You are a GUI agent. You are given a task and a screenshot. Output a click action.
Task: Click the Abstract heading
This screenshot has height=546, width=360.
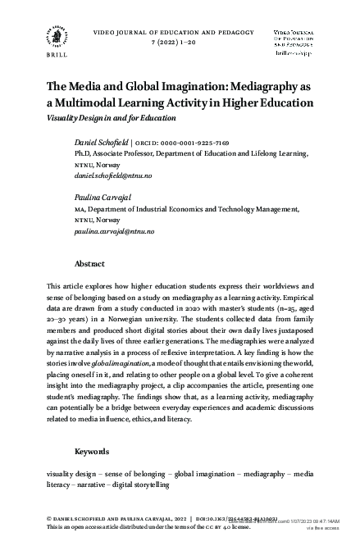(x=89, y=265)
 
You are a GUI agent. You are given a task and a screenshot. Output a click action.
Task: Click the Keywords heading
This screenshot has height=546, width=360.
(x=92, y=452)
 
